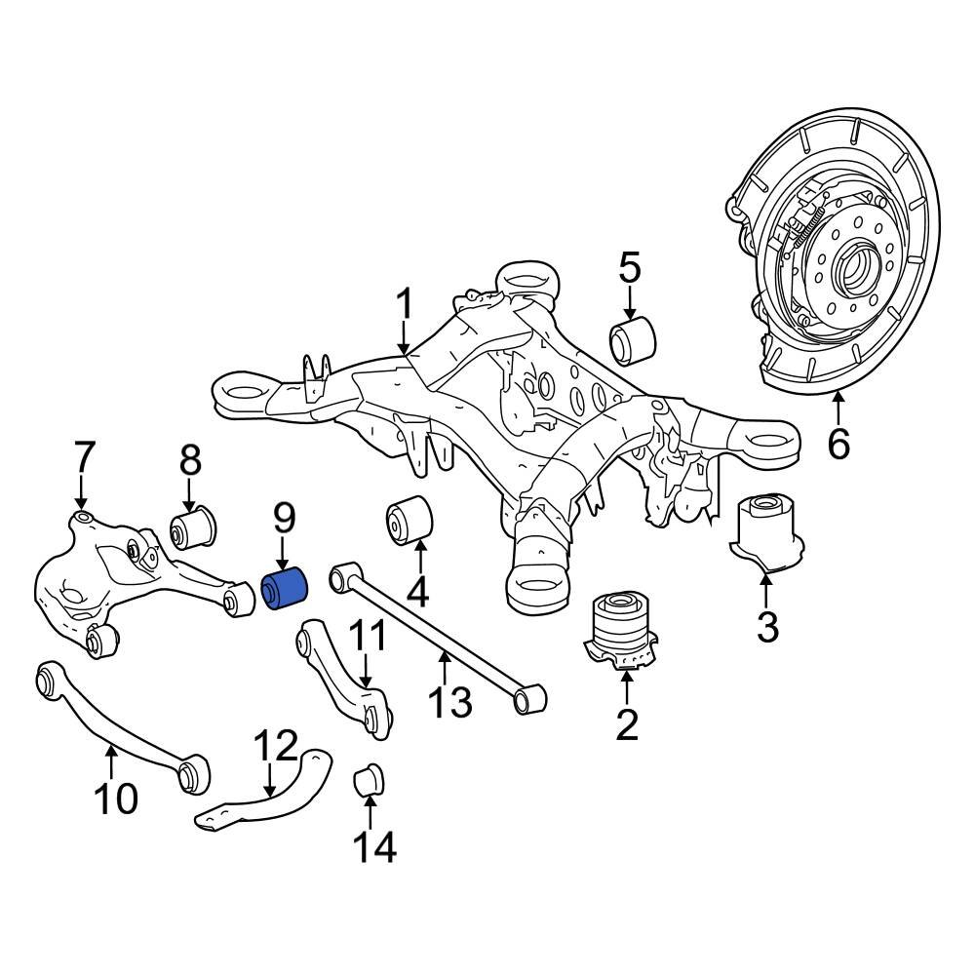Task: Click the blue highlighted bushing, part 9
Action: [x=286, y=588]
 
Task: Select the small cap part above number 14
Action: [x=370, y=780]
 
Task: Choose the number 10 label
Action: [x=116, y=799]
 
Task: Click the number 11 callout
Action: [x=367, y=638]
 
